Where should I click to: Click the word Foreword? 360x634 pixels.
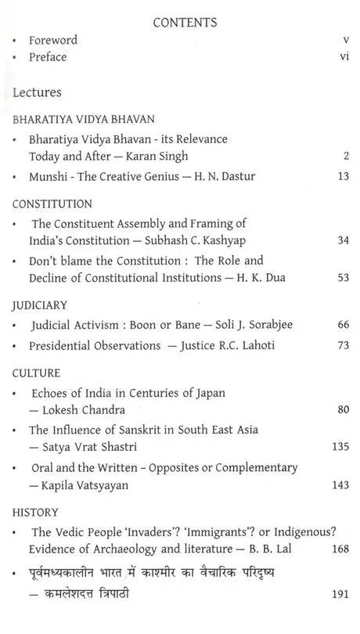click(x=53, y=40)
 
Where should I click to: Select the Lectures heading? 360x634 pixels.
click(x=37, y=92)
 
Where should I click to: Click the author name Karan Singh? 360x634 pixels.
click(x=167, y=156)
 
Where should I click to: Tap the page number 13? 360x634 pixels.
click(x=341, y=178)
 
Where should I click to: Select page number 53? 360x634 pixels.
click(x=341, y=276)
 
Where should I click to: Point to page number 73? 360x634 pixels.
click(x=341, y=345)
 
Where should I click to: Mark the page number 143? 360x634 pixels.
click(x=339, y=485)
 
